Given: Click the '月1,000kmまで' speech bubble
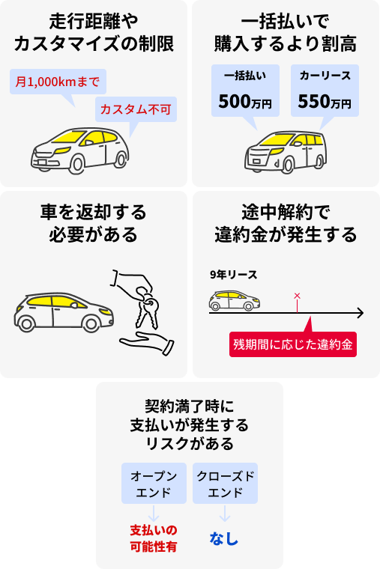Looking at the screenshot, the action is [x=58, y=82].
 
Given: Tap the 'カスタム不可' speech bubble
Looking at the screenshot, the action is [x=136, y=109].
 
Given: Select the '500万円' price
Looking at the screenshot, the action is [x=245, y=101].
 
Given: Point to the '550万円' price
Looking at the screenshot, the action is [x=325, y=101].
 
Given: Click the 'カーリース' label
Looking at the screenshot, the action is [x=325, y=76].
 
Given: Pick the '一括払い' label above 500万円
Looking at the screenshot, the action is [x=245, y=76].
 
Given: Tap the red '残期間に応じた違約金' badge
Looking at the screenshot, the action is [x=293, y=344].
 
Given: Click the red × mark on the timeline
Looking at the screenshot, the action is [x=297, y=296].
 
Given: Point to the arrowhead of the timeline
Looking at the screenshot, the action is [x=360, y=313].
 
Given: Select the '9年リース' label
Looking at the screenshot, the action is [x=233, y=275].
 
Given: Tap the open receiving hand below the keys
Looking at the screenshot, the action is [x=147, y=343].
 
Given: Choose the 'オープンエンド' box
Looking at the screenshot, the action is [x=154, y=483].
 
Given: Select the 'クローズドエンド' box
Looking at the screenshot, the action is [x=226, y=483].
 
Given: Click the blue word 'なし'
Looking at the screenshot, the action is [x=224, y=538].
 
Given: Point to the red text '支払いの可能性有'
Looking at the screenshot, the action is [x=154, y=538].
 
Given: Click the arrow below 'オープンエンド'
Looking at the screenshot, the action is [x=154, y=513].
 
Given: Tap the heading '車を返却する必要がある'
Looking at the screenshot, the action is [x=94, y=223].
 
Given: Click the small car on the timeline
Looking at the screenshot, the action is [x=235, y=300].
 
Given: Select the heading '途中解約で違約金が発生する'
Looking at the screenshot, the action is [x=286, y=223].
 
